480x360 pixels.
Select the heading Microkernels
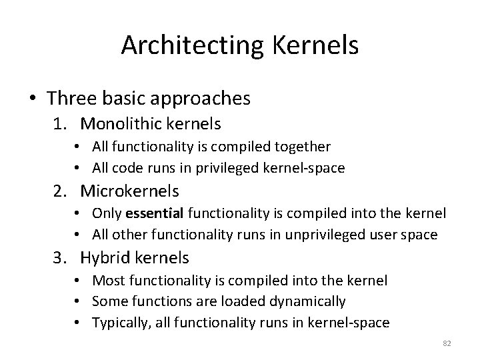pos(129,191)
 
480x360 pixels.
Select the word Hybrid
pos(105,257)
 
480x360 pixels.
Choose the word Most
pos(107,279)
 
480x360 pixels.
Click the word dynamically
pos(309,301)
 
